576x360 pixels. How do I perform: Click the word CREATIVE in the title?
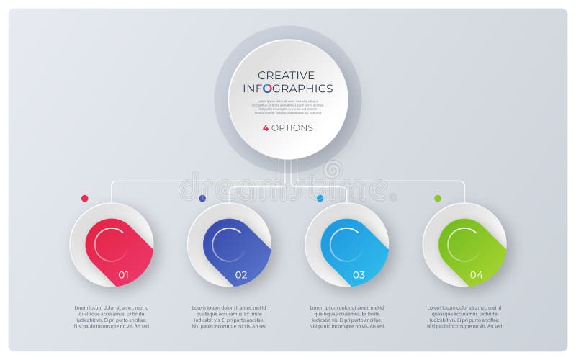[286, 75]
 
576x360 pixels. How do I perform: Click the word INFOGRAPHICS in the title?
[287, 89]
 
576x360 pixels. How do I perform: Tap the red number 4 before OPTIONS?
[266, 127]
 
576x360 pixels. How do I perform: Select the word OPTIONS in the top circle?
[292, 127]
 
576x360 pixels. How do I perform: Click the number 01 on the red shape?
[123, 275]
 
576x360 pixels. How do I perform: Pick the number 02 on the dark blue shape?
[240, 275]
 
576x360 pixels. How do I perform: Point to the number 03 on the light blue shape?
[359, 275]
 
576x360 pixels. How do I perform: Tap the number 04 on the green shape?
[476, 275]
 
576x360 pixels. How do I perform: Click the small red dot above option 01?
[85, 198]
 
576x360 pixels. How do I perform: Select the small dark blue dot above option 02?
[202, 198]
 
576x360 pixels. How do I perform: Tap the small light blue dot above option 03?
[320, 198]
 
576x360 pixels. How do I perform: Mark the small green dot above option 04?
[438, 198]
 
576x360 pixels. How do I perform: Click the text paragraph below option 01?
[111, 317]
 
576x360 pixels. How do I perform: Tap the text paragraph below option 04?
[464, 317]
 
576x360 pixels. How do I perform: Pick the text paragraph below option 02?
[229, 317]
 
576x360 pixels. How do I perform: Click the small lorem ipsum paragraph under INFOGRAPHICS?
[287, 107]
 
